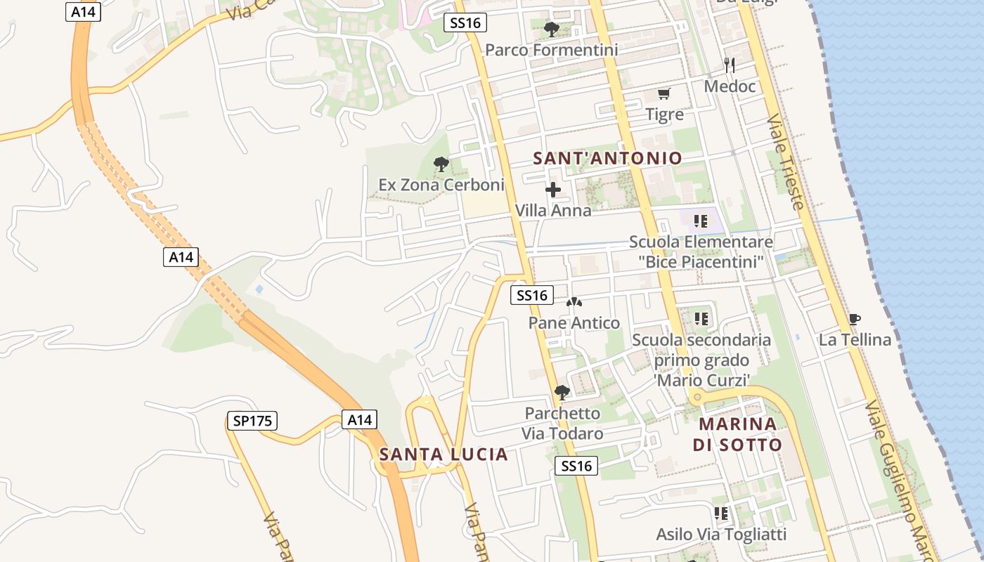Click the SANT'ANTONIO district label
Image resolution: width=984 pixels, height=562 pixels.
[x=607, y=158]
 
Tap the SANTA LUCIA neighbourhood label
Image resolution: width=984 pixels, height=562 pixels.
[x=444, y=455]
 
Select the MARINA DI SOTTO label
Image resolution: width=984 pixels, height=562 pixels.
[x=737, y=434]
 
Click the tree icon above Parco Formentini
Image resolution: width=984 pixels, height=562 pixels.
[x=552, y=30]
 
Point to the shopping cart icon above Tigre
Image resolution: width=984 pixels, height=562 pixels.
[x=663, y=93]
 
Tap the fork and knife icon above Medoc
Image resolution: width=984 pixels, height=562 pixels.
[x=730, y=65]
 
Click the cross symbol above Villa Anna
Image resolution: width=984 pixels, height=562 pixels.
[x=553, y=190]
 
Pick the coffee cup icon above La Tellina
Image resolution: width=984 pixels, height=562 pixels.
[x=854, y=320]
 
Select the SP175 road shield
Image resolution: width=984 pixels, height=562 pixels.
[x=252, y=421]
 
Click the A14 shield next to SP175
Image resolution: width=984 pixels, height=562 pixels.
[x=359, y=420]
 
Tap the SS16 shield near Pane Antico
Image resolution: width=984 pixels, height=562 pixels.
[x=532, y=296]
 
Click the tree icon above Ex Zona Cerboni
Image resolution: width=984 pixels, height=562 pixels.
[x=441, y=164]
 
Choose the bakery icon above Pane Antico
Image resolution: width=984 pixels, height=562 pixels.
[x=574, y=303]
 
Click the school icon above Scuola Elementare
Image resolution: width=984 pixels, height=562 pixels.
[x=700, y=222]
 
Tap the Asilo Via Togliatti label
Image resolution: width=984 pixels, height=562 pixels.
[x=721, y=534]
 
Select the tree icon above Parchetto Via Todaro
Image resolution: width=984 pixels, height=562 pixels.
[x=562, y=392]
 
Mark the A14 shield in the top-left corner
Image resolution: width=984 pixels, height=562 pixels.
[x=84, y=12]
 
